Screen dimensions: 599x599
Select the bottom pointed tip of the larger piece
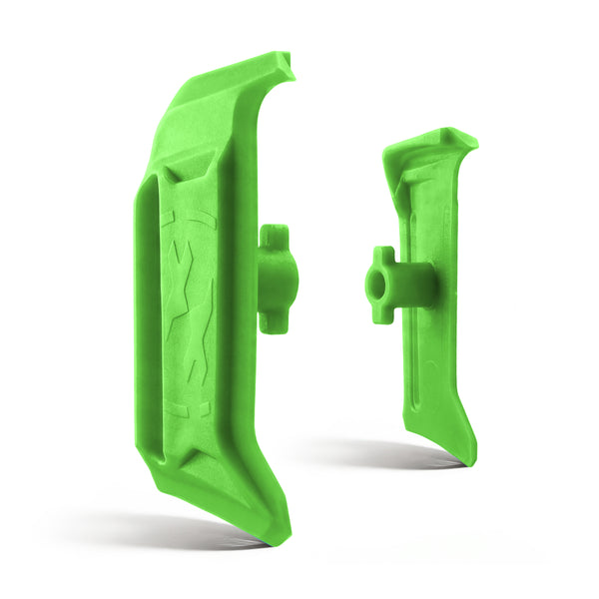point(281,537)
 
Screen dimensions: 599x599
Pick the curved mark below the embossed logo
point(190,409)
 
